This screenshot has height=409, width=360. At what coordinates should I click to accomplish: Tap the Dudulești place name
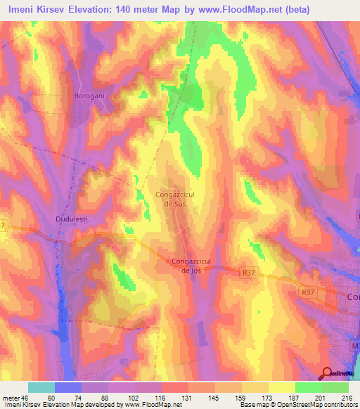tap(70, 219)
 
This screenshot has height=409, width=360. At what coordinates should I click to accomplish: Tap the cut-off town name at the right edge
tap(354, 297)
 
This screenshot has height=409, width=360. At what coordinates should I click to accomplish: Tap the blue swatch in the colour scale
tap(68, 387)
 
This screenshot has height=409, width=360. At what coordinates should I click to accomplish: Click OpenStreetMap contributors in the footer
tap(316, 405)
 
